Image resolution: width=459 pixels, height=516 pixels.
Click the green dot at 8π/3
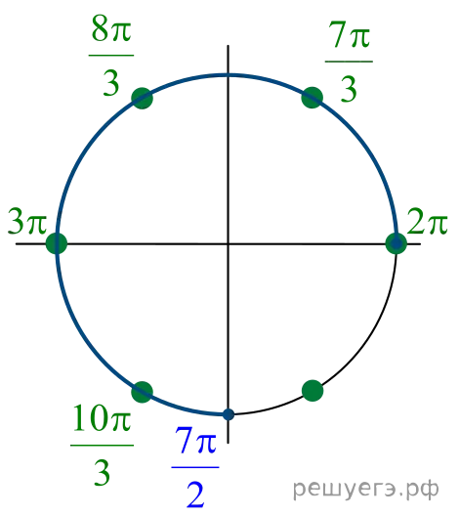point(142,98)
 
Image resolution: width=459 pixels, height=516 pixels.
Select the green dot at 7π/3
point(313,98)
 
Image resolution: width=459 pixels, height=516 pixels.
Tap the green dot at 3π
point(57,243)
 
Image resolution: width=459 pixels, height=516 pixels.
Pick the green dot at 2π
point(396,243)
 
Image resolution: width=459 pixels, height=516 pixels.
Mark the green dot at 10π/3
point(142,392)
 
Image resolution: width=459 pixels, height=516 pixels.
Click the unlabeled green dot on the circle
point(313,391)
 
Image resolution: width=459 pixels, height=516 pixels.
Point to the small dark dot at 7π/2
point(229,414)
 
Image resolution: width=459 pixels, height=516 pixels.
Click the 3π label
point(27,221)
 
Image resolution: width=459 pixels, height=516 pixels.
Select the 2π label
point(427,221)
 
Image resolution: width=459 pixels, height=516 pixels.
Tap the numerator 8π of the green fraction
point(111,30)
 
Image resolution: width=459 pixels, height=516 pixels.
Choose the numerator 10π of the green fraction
point(102,418)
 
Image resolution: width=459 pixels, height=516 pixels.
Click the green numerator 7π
point(350,34)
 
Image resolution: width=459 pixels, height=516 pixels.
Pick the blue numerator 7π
point(195,440)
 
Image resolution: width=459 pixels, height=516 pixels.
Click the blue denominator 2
point(195,494)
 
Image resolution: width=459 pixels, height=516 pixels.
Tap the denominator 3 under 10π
point(102,473)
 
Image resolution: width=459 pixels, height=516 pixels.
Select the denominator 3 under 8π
point(111,83)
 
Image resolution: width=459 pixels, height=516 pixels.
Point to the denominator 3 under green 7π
point(349,89)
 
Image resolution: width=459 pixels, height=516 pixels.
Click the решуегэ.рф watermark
point(365,489)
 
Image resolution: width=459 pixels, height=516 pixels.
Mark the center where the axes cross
point(229,244)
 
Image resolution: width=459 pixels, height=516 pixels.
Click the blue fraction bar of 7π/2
point(195,467)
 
